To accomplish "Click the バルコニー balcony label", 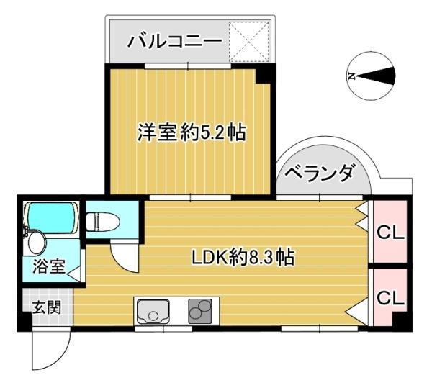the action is [x=174, y=42].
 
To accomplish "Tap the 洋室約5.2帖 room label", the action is [x=192, y=132].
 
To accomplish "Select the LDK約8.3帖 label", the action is [x=243, y=257].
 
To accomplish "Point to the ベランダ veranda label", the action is [x=319, y=173].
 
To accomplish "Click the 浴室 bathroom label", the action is [x=49, y=266].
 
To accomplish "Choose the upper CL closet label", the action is [x=390, y=233].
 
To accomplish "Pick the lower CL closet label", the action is [x=390, y=297].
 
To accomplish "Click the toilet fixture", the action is [x=103, y=222].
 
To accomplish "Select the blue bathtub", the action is [x=51, y=217].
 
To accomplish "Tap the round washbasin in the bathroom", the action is [x=37, y=243].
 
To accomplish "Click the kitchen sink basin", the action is [x=153, y=312].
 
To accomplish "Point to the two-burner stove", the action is [x=200, y=311].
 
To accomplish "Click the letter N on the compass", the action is [x=351, y=76].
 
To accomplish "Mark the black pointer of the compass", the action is [x=375, y=76].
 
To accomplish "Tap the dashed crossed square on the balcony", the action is [x=249, y=42].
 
